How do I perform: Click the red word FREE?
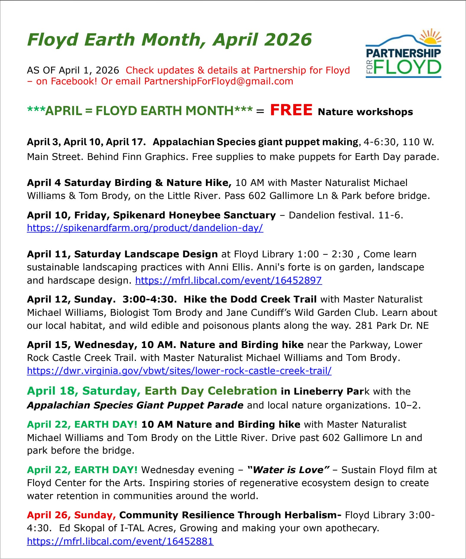291,110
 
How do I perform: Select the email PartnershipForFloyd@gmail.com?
219,81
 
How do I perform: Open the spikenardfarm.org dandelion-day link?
145,228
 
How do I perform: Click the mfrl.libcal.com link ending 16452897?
229,280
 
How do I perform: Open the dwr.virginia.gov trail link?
179,370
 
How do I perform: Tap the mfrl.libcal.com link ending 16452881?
120,541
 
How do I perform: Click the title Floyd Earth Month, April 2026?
170,40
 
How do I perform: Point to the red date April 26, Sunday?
71,515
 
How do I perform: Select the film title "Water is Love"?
288,470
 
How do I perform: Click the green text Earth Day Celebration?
211,391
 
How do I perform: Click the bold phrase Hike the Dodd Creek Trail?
250,299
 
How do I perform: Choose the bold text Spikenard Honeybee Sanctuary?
194,215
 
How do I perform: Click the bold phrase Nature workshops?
365,112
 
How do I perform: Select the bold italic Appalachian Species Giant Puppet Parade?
135,405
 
